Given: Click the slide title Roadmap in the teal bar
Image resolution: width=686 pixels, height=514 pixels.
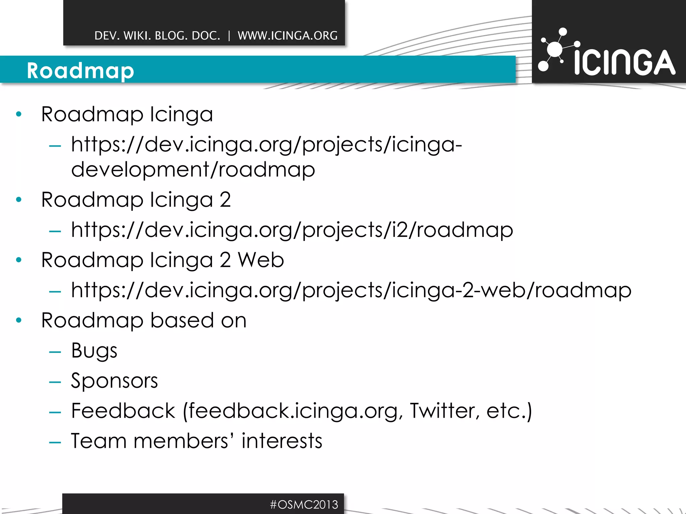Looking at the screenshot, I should [80, 71].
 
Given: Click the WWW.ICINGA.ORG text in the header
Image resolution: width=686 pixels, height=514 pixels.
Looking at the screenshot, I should [287, 35].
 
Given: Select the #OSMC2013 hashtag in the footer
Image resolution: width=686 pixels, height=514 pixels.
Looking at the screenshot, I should [304, 504].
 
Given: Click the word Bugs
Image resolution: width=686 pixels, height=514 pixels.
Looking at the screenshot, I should [94, 351].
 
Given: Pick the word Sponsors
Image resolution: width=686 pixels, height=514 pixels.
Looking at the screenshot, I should [114, 381].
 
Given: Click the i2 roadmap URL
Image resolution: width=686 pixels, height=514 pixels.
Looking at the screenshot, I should [292, 230].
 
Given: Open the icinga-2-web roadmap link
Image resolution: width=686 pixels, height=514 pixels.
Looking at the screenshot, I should [351, 290].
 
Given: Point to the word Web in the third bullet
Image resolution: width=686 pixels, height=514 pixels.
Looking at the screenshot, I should [261, 260].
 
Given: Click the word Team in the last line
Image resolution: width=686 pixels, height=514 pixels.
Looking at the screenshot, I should [99, 441].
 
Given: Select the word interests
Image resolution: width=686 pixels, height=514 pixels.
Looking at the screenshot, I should [282, 441].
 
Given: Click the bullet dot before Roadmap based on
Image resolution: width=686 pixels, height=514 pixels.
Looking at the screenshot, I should [19, 320].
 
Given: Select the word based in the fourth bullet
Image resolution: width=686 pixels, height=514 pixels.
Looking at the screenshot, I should [182, 320].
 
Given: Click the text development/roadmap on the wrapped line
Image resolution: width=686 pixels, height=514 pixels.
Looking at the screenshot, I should [193, 169].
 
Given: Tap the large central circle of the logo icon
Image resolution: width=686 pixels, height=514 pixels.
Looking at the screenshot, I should [555, 49].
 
